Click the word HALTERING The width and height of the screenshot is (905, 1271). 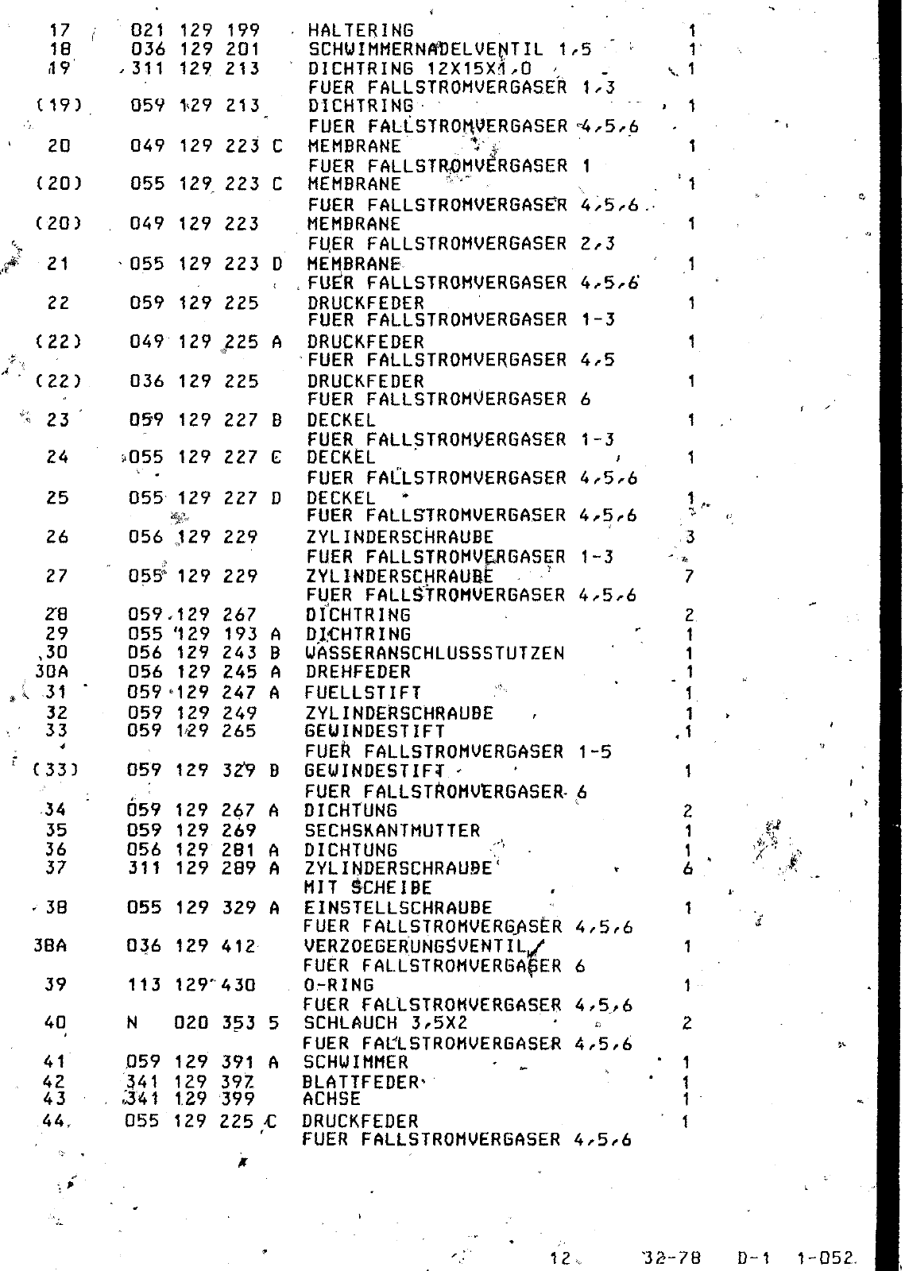coord(361,31)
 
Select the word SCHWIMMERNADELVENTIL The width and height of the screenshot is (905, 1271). coord(426,49)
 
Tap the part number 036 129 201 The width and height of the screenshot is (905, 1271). coord(195,49)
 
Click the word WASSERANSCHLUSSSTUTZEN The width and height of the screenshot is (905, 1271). coord(435,654)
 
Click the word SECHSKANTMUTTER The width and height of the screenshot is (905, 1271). coord(393,831)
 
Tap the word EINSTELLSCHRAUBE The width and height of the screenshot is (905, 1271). coord(398,908)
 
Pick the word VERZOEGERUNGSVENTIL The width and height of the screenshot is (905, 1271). coord(416,946)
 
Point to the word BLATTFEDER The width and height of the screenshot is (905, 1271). coord(361,1082)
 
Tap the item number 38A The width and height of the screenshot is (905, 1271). coord(50,946)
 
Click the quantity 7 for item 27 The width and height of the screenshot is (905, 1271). coord(688,576)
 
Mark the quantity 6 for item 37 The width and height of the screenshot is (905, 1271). coord(687,869)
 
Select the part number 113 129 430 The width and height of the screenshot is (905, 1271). coord(191,985)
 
